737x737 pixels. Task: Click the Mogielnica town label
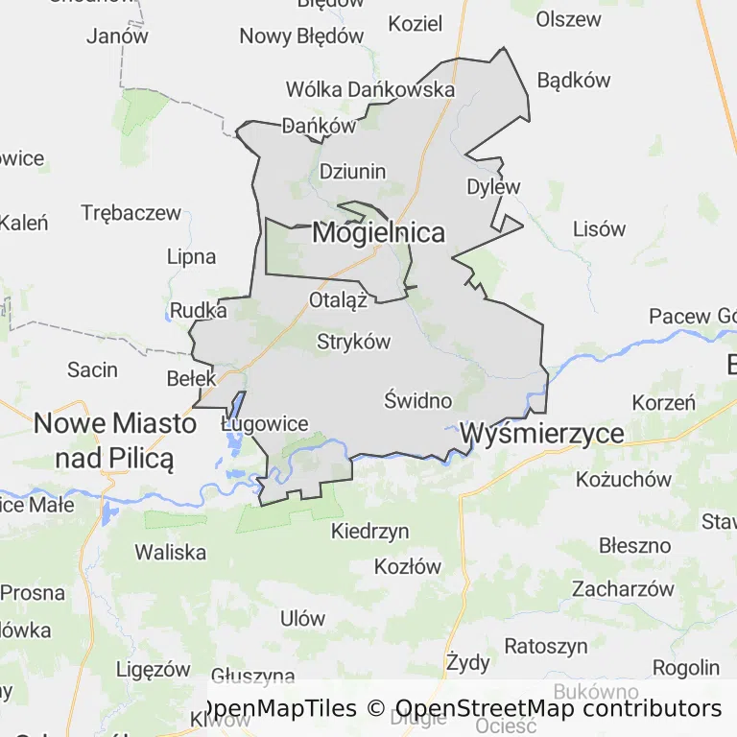click(379, 232)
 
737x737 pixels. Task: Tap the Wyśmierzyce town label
click(542, 434)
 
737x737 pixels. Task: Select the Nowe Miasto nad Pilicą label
click(115, 440)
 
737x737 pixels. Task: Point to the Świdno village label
click(418, 399)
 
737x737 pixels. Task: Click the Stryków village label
click(354, 342)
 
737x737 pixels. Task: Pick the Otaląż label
click(339, 300)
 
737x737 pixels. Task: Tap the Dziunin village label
click(352, 172)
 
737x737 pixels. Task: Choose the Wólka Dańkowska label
click(369, 89)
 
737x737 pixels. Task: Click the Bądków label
click(574, 80)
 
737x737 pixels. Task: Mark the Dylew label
click(493, 186)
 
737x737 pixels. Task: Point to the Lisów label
click(599, 229)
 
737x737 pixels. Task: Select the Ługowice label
click(265, 424)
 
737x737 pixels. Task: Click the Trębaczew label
click(131, 213)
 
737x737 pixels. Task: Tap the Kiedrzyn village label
click(370, 531)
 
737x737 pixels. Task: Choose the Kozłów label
click(408, 566)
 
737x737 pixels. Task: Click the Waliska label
click(171, 552)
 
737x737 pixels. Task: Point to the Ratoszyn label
click(546, 646)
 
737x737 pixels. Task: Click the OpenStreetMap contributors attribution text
click(559, 709)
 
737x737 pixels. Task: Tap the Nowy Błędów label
click(302, 36)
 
